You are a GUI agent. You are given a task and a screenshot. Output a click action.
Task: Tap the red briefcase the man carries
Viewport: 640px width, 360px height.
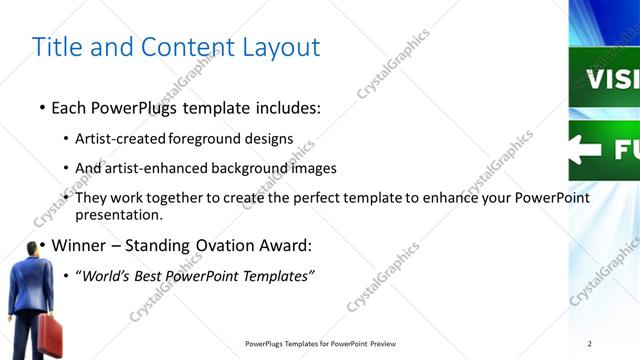(50, 336)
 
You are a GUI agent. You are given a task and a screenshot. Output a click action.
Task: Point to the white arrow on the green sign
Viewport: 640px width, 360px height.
(587, 151)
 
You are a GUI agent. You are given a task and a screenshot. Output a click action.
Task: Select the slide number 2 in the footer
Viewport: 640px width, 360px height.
(590, 343)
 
